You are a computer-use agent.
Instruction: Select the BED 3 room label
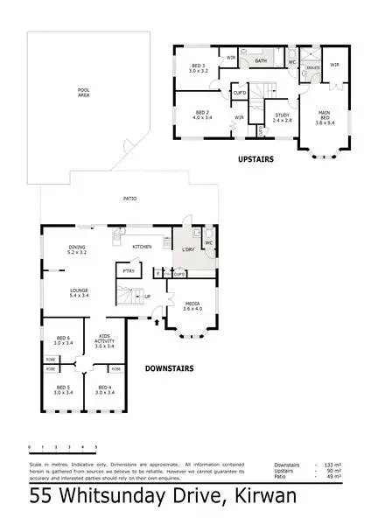point(199,69)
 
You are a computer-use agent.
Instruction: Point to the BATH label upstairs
point(258,61)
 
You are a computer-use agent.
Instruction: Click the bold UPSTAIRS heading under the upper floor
point(257,159)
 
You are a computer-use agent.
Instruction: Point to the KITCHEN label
point(143,248)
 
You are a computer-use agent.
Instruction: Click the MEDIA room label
point(192,305)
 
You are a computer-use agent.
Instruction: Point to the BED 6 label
point(62,341)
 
